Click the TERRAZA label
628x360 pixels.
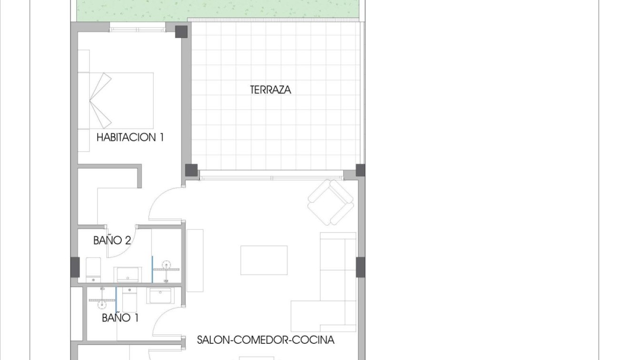(x=270, y=90)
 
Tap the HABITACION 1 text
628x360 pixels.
(x=130, y=138)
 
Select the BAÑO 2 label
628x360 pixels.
(x=112, y=240)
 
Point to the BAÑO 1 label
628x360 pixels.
(x=120, y=318)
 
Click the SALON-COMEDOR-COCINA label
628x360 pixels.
(x=266, y=340)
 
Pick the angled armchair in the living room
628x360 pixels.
(x=331, y=202)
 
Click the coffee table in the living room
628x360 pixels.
(x=264, y=260)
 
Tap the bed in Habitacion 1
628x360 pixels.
(x=121, y=100)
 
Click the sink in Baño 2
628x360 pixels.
(x=128, y=275)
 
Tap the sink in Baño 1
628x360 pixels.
(x=160, y=295)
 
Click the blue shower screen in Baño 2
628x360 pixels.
(x=152, y=269)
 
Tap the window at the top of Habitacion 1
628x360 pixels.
(x=138, y=30)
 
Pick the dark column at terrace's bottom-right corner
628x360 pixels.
(x=360, y=170)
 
